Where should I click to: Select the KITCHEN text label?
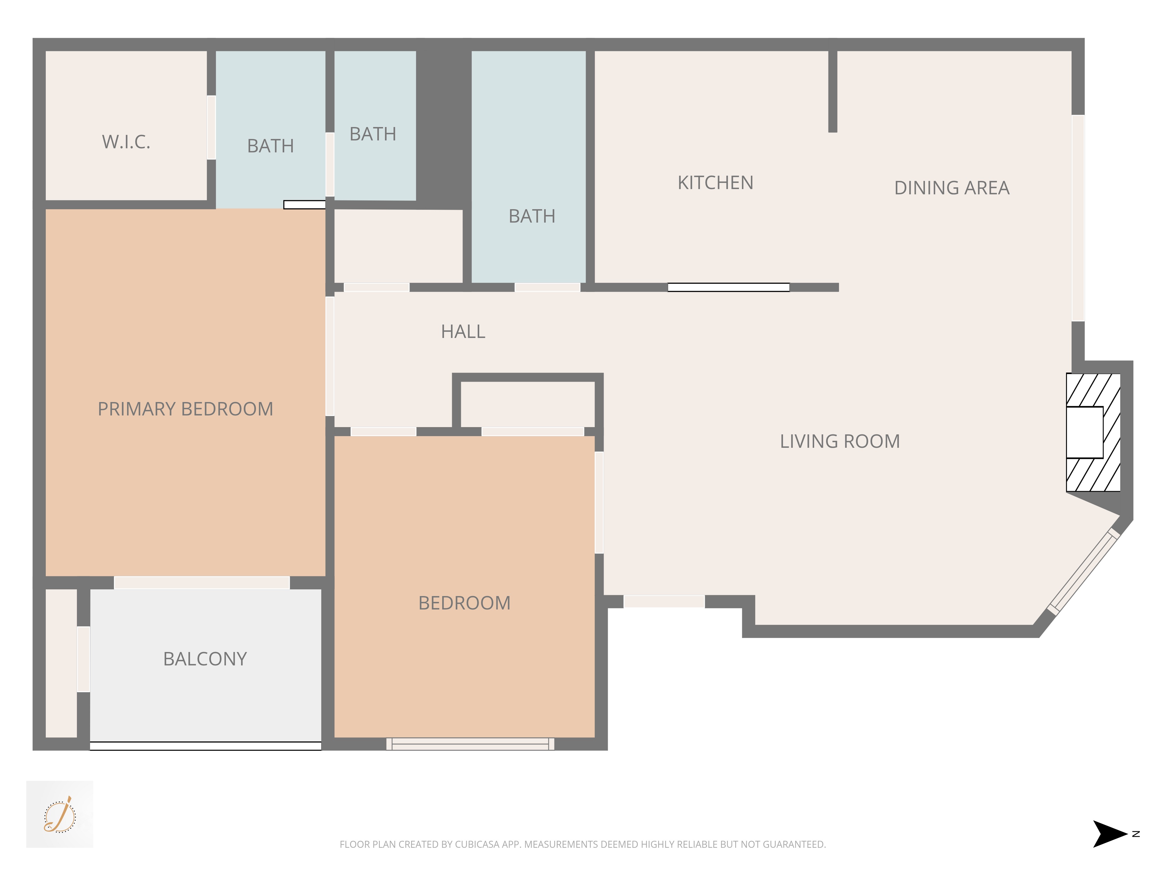click(715, 183)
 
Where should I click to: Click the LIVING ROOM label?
click(840, 441)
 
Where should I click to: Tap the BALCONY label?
click(205, 659)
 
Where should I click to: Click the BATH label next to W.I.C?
click(271, 146)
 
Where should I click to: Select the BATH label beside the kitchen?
click(532, 216)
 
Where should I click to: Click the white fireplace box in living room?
click(1084, 432)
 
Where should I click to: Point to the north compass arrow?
click(1110, 834)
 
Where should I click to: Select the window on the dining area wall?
click(1078, 218)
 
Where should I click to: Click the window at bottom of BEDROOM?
click(470, 744)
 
